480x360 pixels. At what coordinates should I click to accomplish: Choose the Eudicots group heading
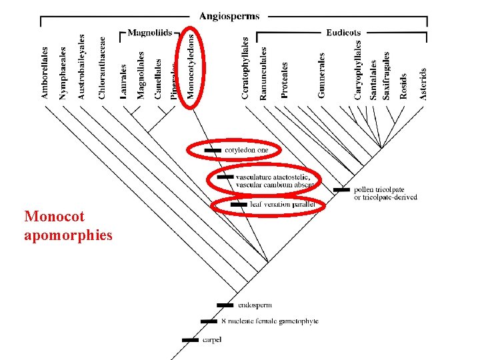[343, 32]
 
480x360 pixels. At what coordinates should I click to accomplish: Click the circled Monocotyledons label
[191, 67]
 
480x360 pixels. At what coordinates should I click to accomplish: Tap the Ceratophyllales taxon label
[245, 69]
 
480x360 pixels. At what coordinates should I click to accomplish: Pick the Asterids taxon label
[423, 83]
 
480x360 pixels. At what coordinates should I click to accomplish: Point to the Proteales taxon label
[285, 80]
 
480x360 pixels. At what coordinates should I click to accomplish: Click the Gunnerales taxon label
[322, 75]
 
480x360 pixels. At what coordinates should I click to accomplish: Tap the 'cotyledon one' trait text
[247, 151]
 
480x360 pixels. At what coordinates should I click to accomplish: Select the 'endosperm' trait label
[254, 305]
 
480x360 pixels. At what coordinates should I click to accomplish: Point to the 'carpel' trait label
[213, 340]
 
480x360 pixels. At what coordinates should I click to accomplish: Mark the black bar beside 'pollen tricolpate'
[341, 189]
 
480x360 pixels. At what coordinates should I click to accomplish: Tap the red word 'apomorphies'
[68, 235]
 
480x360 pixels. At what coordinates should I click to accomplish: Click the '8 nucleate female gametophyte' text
[269, 321]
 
